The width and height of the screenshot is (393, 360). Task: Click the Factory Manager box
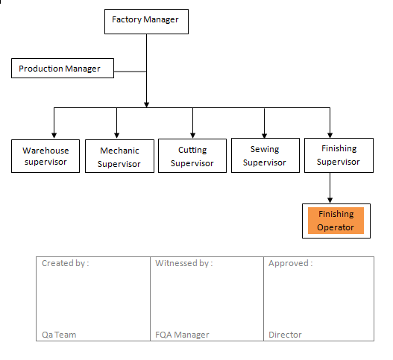pos(145,20)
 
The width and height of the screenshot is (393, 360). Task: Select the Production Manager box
pos(63,69)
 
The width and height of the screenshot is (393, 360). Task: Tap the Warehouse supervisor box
pos(45,156)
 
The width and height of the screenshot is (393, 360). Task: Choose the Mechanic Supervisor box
pos(119,157)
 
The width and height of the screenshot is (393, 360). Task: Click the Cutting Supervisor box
pos(192,157)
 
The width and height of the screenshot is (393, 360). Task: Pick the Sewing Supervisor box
pos(264,156)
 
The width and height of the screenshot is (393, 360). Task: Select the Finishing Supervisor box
pos(338,155)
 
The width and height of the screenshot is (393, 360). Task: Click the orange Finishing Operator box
pos(335,221)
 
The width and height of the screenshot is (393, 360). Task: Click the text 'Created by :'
pos(66,263)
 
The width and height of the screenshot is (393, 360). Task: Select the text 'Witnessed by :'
pos(183,263)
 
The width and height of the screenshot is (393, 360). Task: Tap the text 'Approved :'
pos(290,263)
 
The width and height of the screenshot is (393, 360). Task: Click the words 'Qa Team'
pos(59,335)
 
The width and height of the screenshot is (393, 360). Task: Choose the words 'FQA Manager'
pos(182,335)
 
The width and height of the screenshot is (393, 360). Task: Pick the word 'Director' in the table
pos(285,335)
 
